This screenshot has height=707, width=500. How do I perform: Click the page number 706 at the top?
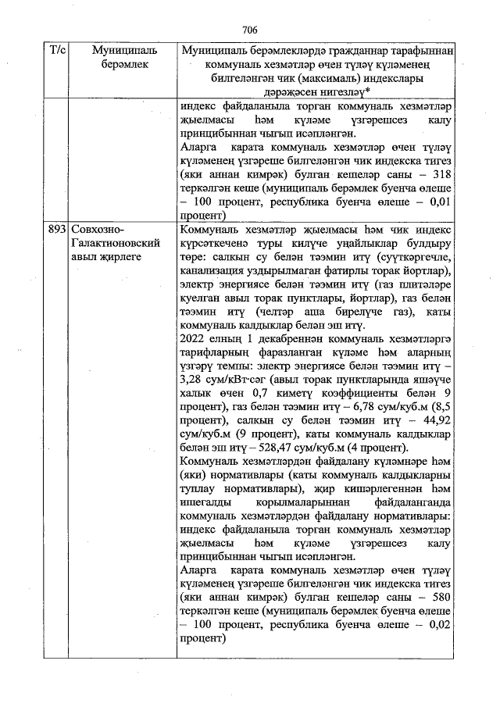[250, 30]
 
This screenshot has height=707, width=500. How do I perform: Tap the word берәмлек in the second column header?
[124, 64]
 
